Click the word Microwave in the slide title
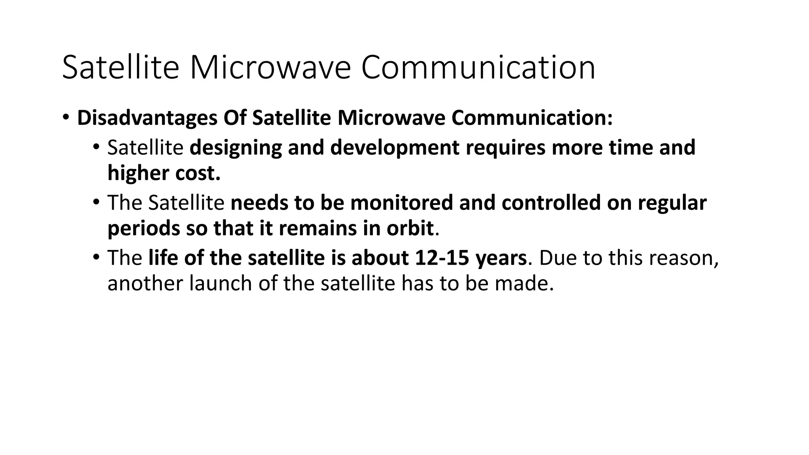click(270, 68)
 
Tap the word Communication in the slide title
click(478, 68)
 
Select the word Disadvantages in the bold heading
click(147, 118)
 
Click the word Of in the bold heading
click(235, 118)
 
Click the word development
click(395, 147)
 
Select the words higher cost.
click(164, 173)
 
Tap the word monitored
click(401, 203)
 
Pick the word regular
click(672, 203)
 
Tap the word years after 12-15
click(501, 259)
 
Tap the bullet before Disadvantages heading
click(66, 117)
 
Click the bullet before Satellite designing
click(96, 147)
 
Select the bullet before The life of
click(96, 258)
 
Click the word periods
click(143, 229)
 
